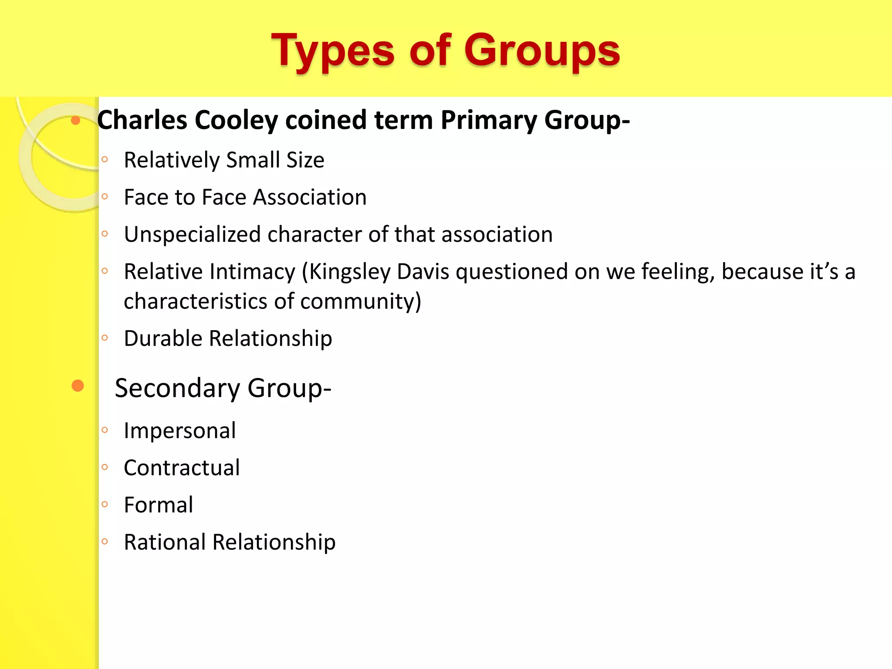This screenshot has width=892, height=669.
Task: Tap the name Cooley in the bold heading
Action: tap(236, 120)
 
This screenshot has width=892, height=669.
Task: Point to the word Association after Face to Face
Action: tap(310, 197)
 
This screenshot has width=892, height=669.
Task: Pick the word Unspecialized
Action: tap(192, 235)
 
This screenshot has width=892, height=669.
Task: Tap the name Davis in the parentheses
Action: tap(423, 272)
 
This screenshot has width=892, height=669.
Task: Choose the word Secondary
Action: tap(177, 388)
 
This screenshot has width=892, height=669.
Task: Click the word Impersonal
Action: tap(179, 431)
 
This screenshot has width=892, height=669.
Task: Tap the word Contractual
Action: tap(182, 468)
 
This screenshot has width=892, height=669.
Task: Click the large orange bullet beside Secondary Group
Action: tap(78, 385)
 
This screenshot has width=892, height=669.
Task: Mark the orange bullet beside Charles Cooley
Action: tap(76, 120)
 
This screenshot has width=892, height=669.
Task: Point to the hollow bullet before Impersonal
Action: tap(105, 430)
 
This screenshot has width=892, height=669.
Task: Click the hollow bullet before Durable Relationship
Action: tap(105, 338)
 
